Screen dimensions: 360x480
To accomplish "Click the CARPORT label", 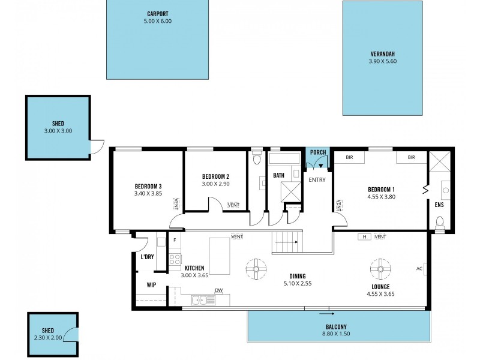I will (157, 13).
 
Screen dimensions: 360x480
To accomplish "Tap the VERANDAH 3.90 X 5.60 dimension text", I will (383, 61).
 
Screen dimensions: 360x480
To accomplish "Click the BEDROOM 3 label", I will (148, 186).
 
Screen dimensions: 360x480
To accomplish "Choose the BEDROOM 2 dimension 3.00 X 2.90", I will (215, 184).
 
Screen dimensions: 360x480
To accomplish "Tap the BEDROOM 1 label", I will (381, 190).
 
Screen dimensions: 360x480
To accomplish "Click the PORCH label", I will (318, 152).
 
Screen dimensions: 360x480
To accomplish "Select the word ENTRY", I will (317, 179).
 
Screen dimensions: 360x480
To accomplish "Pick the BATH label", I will (278, 176).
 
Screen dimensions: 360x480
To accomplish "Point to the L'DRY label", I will (147, 257).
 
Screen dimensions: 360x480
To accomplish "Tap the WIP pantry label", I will (151, 285).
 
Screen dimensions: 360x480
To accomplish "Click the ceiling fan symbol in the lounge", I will (380, 268).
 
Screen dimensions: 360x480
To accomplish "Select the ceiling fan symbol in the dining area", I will (256, 269).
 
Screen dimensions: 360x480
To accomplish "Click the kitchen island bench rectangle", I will (219, 254).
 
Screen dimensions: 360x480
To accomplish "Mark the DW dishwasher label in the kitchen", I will (218, 292).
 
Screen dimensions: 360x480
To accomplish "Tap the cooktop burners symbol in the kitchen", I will (175, 260).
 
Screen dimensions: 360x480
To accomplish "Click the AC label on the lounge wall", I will (419, 268).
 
